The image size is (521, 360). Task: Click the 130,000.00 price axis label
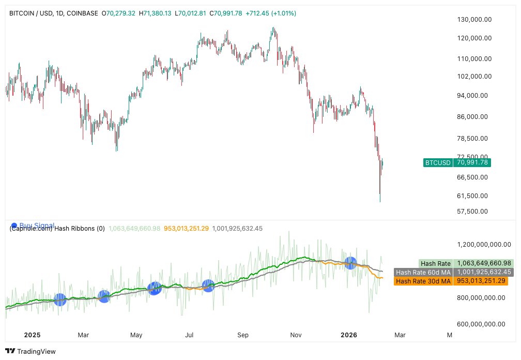473,20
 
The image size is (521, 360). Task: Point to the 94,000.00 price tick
473,96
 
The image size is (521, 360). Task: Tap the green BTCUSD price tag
438,162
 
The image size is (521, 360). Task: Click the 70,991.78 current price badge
472,162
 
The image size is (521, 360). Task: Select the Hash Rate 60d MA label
423,272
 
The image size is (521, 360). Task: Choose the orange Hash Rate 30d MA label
423,281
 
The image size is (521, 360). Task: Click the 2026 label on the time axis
350,335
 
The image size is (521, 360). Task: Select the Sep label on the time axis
243,335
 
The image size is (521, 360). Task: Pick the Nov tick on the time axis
296,335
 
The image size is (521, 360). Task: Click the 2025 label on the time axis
32,335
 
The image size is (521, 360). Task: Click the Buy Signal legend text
37,224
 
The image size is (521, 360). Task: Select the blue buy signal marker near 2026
351,263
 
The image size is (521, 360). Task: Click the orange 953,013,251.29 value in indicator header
186,229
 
